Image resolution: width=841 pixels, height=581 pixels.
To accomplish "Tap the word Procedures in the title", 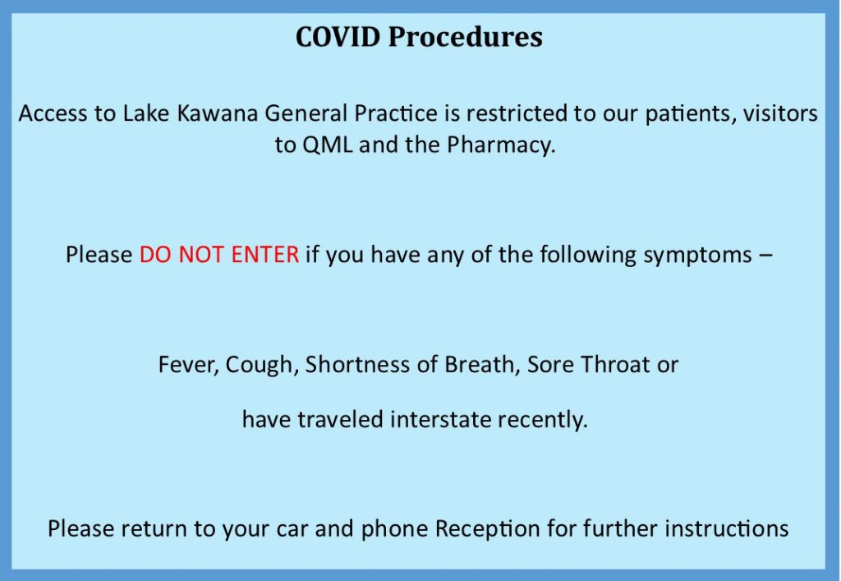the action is (465, 36).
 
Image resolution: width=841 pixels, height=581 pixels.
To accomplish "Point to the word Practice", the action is (396, 113).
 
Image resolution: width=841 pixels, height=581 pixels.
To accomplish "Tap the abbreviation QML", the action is (327, 145).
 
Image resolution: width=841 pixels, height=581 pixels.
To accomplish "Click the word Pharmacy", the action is (501, 145).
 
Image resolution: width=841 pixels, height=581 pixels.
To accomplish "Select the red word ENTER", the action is (264, 254).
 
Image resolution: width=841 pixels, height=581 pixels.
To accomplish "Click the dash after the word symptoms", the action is (766, 256).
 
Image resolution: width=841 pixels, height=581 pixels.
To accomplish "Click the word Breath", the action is (482, 365).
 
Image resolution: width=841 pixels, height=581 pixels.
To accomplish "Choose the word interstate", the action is (440, 420).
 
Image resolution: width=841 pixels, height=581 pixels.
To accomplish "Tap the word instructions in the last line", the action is (727, 528).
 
